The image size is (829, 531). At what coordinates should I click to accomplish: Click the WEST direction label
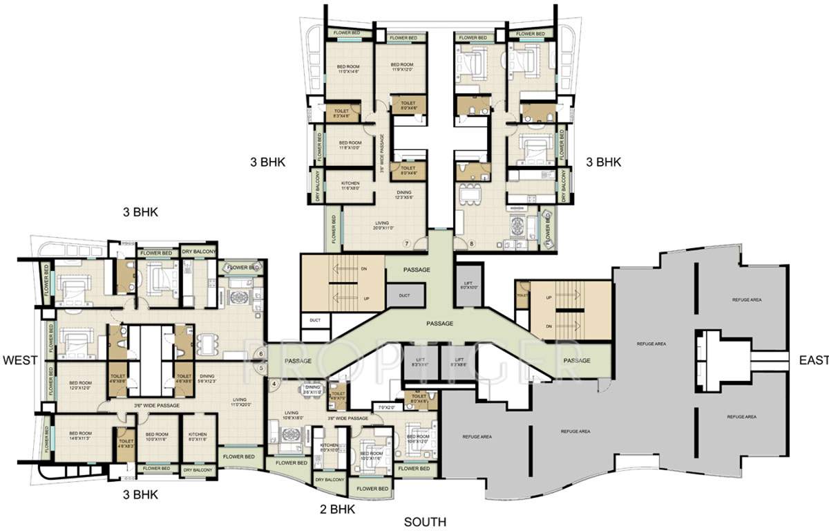(x=19, y=360)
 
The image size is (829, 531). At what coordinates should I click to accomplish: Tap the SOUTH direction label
(x=425, y=522)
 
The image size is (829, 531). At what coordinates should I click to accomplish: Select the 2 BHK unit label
(x=337, y=510)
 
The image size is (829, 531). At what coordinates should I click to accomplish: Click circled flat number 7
(x=407, y=243)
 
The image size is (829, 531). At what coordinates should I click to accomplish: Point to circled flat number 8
(x=472, y=243)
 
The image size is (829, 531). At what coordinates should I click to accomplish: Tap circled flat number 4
(x=274, y=383)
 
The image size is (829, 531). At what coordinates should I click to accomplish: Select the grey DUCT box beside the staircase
(x=403, y=295)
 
